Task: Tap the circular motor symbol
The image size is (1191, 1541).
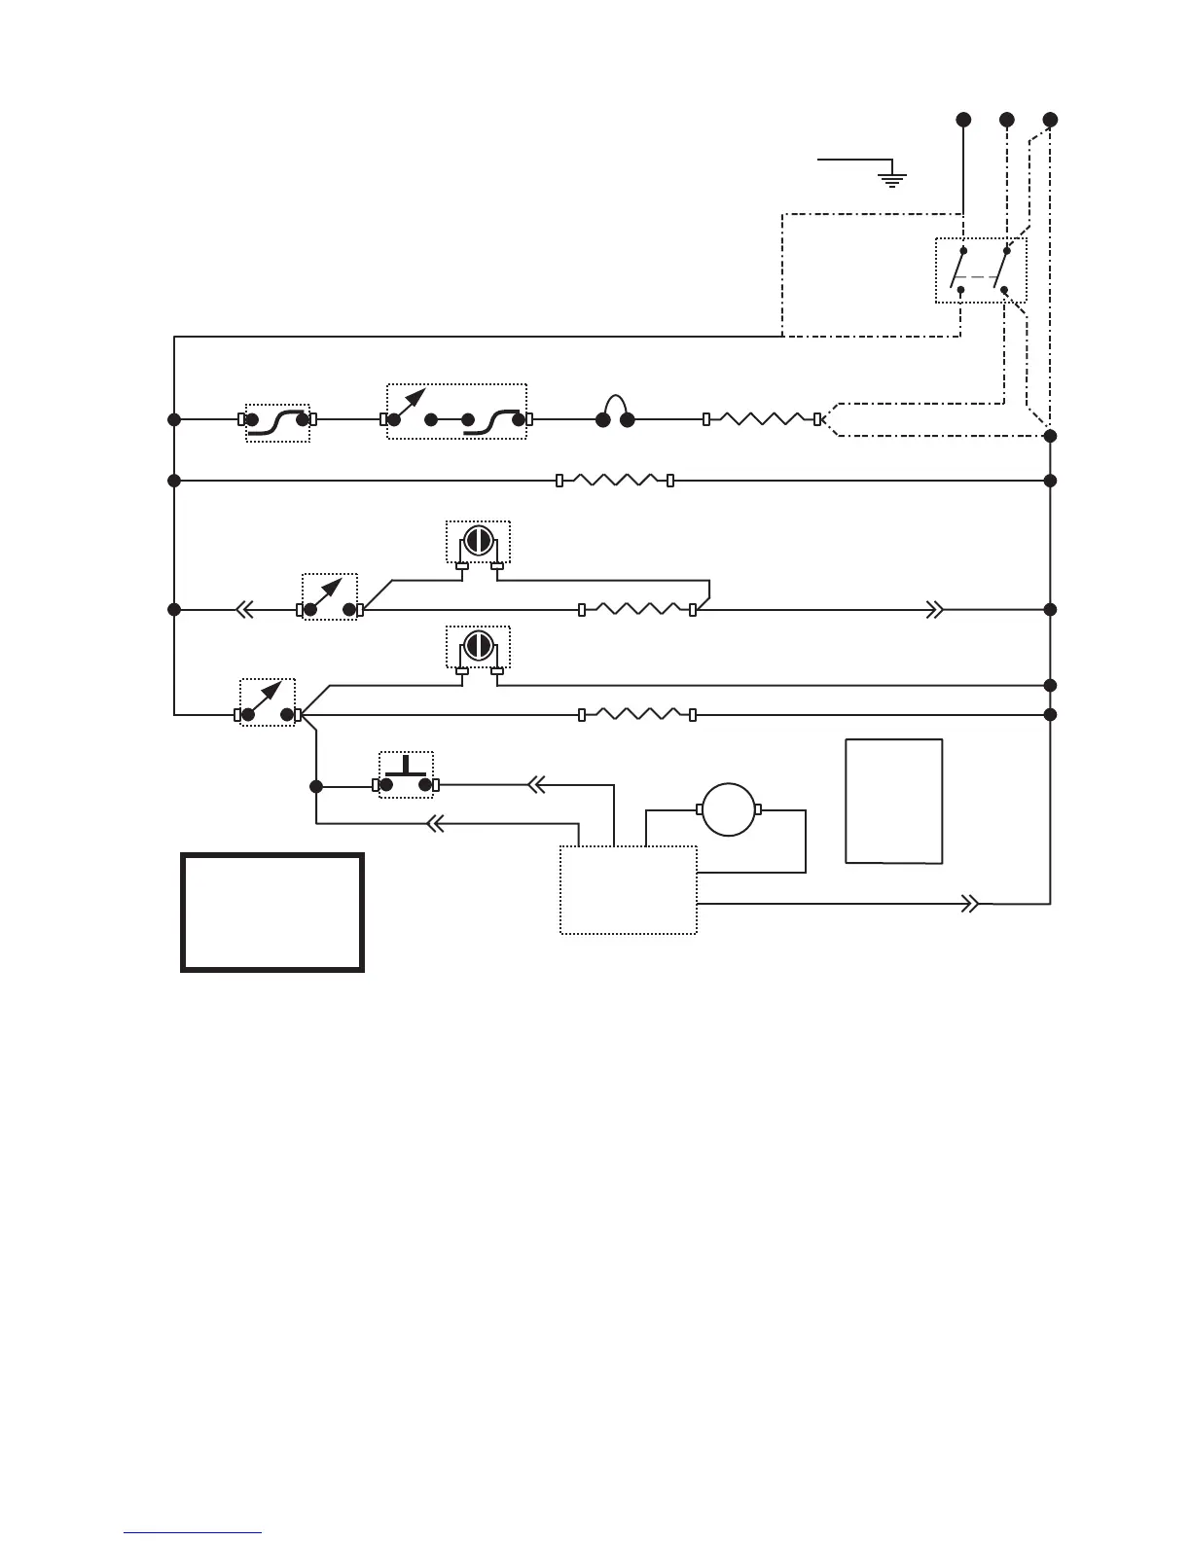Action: coord(729,809)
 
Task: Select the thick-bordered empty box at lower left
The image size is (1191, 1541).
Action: coord(272,913)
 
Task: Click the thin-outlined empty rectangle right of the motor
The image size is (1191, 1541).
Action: coord(893,801)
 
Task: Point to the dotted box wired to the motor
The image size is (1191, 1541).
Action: coord(629,890)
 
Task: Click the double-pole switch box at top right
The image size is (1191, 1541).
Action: coord(981,269)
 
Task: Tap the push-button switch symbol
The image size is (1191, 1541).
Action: coord(406,775)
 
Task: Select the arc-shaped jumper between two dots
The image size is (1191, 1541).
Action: coord(615,412)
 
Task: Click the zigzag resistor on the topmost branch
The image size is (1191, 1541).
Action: coord(762,419)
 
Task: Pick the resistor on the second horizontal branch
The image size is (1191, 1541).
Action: coord(615,481)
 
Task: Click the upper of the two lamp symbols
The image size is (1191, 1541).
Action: coord(478,541)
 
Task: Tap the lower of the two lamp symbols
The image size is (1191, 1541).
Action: coord(478,646)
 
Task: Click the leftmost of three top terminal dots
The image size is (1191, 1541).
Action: coord(963,120)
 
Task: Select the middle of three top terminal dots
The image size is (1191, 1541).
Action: coord(1007,120)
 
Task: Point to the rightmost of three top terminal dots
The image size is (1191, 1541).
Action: coord(1050,120)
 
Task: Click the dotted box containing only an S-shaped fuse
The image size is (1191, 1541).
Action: coord(277,422)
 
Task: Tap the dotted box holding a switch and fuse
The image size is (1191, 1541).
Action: coord(456,412)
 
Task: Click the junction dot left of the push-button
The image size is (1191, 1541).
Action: coord(315,786)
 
